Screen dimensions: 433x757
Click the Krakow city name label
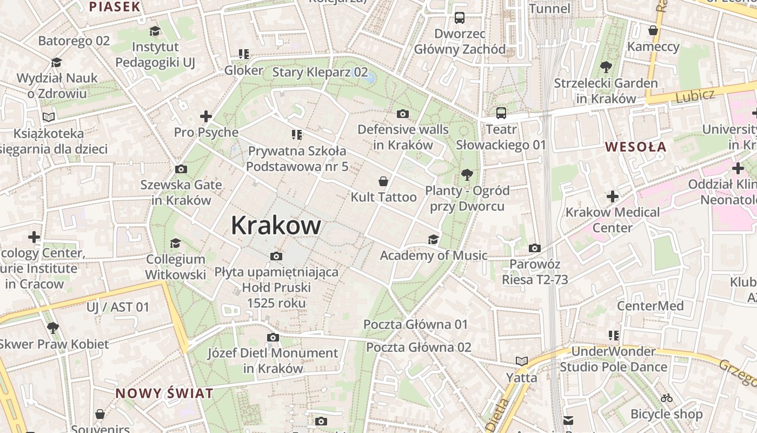pyautogui.click(x=276, y=225)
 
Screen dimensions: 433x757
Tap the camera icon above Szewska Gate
pyautogui.click(x=181, y=169)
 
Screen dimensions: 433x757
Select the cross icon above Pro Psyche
pyautogui.click(x=205, y=116)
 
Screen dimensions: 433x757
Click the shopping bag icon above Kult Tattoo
pyautogui.click(x=383, y=181)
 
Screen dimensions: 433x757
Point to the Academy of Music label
pyautogui.click(x=433, y=255)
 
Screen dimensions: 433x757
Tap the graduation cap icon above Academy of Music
pyautogui.click(x=433, y=239)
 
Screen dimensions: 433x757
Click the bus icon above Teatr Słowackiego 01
pyautogui.click(x=501, y=113)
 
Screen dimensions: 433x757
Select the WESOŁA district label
pyautogui.click(x=635, y=147)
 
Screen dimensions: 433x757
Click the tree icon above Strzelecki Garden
pyautogui.click(x=606, y=68)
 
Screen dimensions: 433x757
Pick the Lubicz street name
pyautogui.click(x=695, y=95)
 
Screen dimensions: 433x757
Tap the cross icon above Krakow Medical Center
pyautogui.click(x=612, y=196)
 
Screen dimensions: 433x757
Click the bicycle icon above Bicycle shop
pyautogui.click(x=667, y=398)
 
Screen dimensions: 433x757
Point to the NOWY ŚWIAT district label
pyautogui.click(x=164, y=393)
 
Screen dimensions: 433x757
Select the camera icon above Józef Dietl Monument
pyautogui.click(x=273, y=338)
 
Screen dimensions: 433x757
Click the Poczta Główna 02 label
pyautogui.click(x=419, y=347)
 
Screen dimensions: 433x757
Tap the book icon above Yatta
pyautogui.click(x=521, y=361)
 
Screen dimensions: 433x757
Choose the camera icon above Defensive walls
pyautogui.click(x=402, y=114)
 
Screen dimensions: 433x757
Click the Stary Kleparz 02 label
pyautogui.click(x=320, y=72)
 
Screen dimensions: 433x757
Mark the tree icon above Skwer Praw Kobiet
pyautogui.click(x=52, y=327)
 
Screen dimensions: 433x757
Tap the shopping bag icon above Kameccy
pyautogui.click(x=653, y=30)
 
